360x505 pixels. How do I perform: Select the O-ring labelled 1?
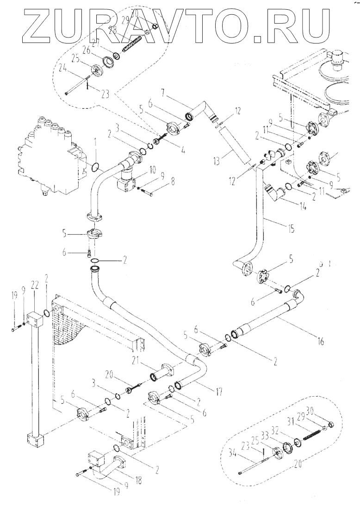click(x=95, y=165)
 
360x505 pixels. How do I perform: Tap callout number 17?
click(x=218, y=392)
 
